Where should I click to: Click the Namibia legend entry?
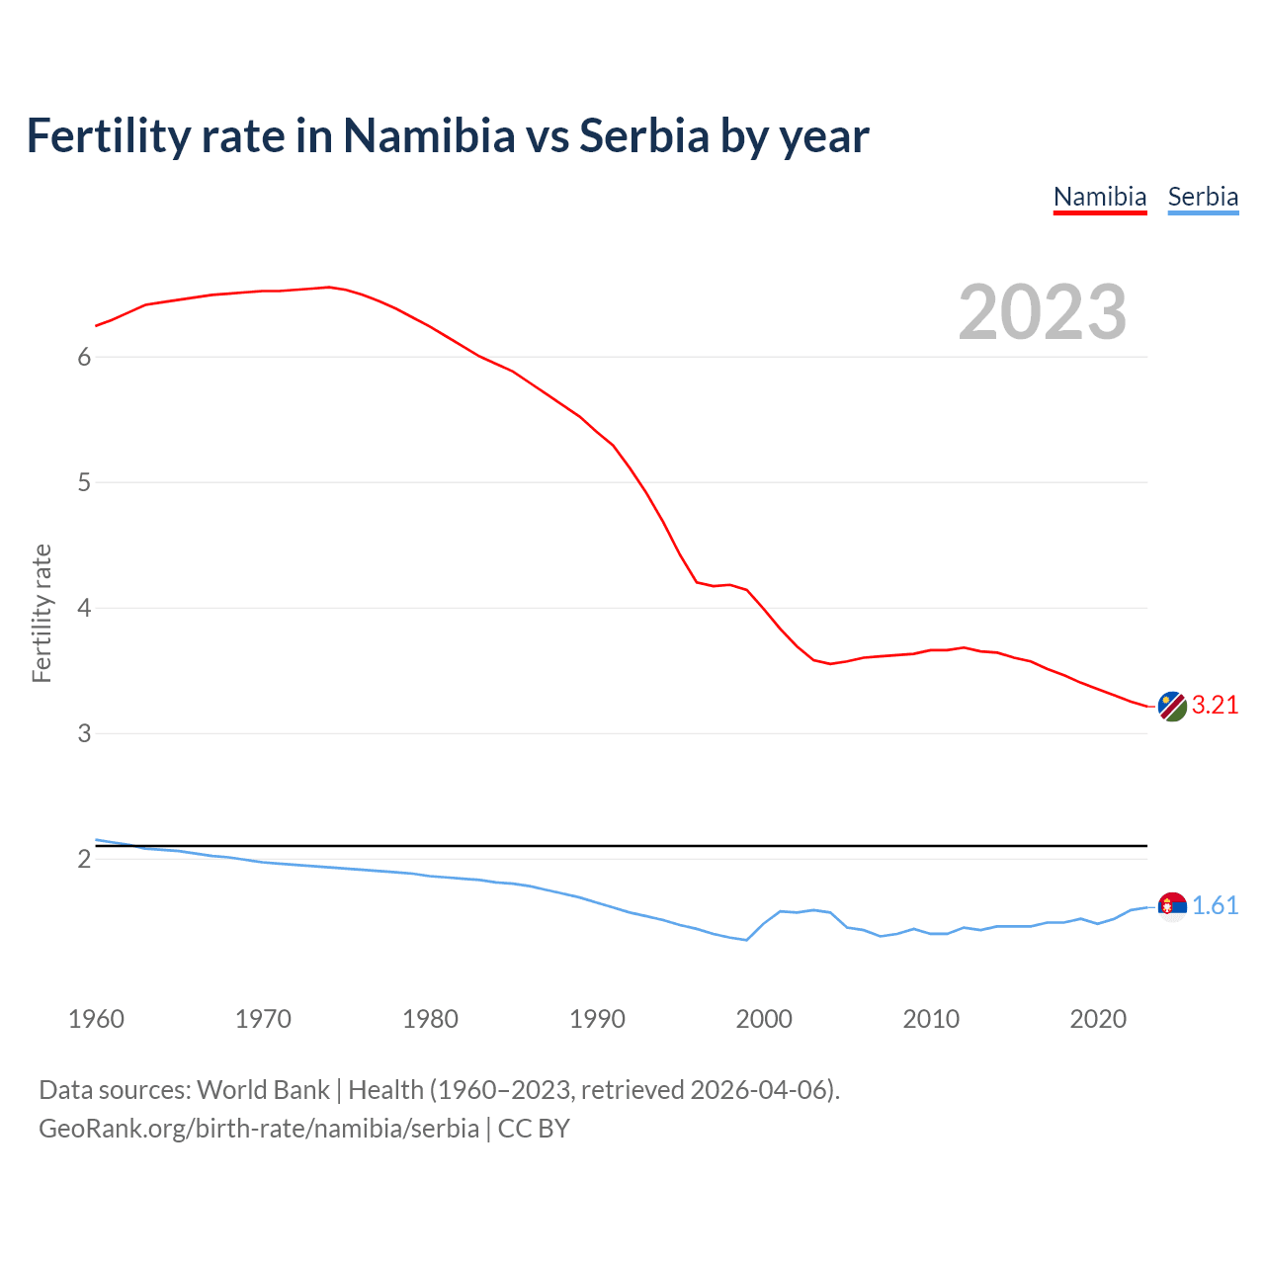tap(1100, 197)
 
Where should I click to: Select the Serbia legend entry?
tap(1203, 197)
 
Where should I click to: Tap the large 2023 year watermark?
tap(1043, 312)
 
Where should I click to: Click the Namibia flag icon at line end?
tap(1172, 707)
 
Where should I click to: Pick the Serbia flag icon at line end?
tap(1172, 906)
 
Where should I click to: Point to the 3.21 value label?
tap(1215, 706)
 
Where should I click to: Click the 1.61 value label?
tap(1215, 906)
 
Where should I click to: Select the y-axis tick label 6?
tap(84, 358)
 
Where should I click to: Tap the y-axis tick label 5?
tap(84, 483)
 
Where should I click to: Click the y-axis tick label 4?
tap(84, 609)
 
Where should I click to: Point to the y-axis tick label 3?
tap(84, 734)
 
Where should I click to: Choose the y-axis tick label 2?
tap(84, 860)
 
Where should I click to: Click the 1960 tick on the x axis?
tap(96, 1019)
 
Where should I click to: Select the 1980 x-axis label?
tap(430, 1019)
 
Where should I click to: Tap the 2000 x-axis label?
tap(764, 1019)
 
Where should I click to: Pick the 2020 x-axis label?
tap(1098, 1019)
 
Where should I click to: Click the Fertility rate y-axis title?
tap(42, 613)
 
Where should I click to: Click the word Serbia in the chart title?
tap(643, 136)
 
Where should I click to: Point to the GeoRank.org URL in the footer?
tap(259, 1129)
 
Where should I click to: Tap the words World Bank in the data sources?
tap(263, 1090)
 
